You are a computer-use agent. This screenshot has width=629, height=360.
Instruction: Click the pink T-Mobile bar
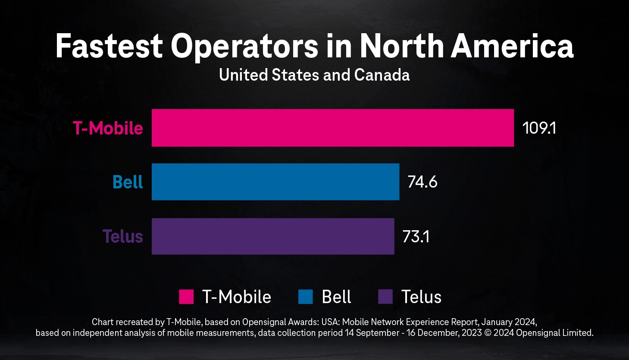tap(332, 128)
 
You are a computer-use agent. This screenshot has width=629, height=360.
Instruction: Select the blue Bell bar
tap(275, 182)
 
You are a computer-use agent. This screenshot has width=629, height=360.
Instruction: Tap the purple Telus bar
tap(272, 236)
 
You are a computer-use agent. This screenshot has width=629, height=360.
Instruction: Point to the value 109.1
tap(539, 128)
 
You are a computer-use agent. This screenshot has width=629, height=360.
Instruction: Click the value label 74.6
tap(422, 182)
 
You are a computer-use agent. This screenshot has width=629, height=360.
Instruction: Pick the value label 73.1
tap(416, 237)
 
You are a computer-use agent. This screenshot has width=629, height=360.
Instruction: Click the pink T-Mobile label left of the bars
tap(108, 128)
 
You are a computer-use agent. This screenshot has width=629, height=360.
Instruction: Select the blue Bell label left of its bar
tap(128, 182)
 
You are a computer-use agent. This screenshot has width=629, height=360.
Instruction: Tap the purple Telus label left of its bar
tap(122, 236)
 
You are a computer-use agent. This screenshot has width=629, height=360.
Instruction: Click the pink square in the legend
tap(186, 297)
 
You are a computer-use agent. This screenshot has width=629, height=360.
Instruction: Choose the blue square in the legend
tap(305, 297)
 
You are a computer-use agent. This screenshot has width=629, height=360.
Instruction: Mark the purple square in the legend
tap(385, 297)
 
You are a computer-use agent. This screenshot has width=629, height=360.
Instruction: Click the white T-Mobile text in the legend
tap(237, 297)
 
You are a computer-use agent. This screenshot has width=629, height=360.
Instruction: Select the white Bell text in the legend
tap(336, 297)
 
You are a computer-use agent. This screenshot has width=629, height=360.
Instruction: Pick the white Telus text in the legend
tap(421, 297)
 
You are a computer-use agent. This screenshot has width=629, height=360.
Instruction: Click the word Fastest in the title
tap(109, 46)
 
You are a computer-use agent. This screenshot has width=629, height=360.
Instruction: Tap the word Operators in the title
tap(244, 46)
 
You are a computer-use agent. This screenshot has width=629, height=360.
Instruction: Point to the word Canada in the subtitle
tap(382, 75)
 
